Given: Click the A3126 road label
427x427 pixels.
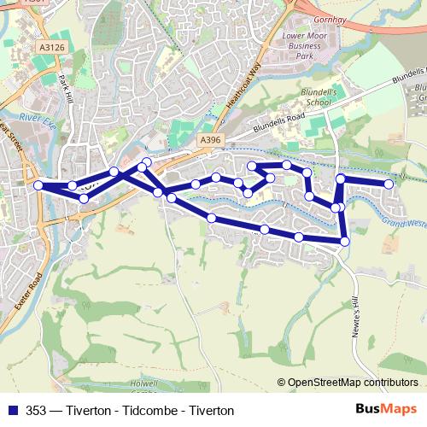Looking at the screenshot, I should tap(52, 48).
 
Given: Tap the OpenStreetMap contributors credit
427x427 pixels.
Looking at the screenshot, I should tap(353, 383).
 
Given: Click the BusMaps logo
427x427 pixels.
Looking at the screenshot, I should tap(388, 410).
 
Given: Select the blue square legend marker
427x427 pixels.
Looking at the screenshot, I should tap(10, 411).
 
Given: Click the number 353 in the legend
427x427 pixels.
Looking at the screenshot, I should tap(34, 411).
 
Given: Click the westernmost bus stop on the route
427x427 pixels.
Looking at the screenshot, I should tap(38, 185).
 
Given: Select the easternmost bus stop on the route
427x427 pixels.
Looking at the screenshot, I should tap(389, 184).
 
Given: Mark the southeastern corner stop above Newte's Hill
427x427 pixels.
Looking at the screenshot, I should tap(345, 242).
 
